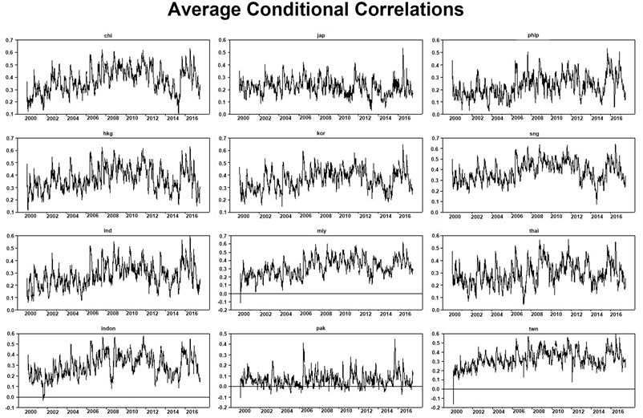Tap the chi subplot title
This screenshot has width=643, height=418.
[108, 35]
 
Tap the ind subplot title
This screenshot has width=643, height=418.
[108, 232]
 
